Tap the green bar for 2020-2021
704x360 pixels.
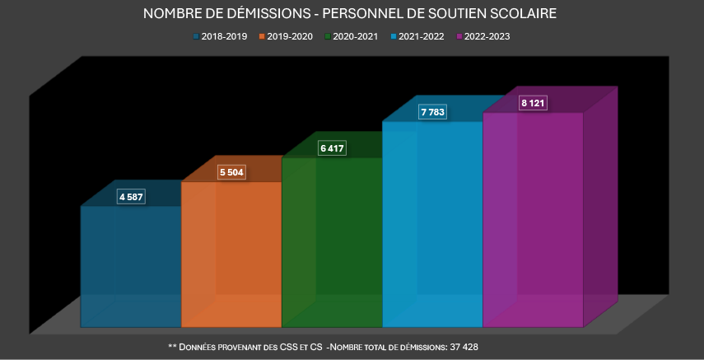332,242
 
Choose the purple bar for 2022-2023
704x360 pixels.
533,219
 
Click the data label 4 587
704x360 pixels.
131,197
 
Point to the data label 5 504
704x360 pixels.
231,172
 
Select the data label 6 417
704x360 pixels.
333,148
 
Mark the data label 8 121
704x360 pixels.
534,103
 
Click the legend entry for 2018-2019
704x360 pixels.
221,36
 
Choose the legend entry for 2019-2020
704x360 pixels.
287,36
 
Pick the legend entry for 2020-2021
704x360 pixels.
354,36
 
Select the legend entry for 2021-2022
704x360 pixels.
422,36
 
